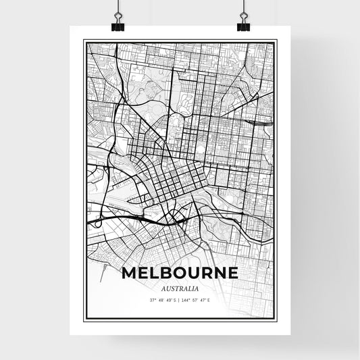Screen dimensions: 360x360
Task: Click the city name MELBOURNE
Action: click(x=180, y=274)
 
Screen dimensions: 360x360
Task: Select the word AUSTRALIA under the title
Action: click(x=180, y=288)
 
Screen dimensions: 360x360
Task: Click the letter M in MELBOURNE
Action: click(x=130, y=274)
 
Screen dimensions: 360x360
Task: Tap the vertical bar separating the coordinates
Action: click(x=180, y=301)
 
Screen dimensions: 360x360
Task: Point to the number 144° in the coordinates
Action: click(x=187, y=301)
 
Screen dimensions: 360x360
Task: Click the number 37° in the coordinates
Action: click(x=153, y=301)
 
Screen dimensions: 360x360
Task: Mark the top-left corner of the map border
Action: click(x=84, y=41)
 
